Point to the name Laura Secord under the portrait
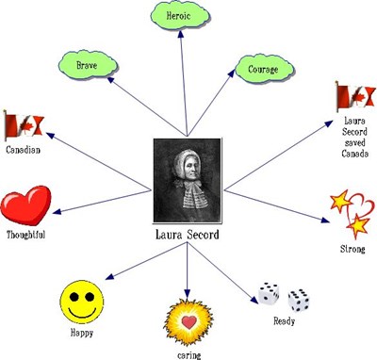click(187, 234)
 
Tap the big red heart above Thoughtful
click(25, 207)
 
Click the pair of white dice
click(284, 297)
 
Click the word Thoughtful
click(25, 235)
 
